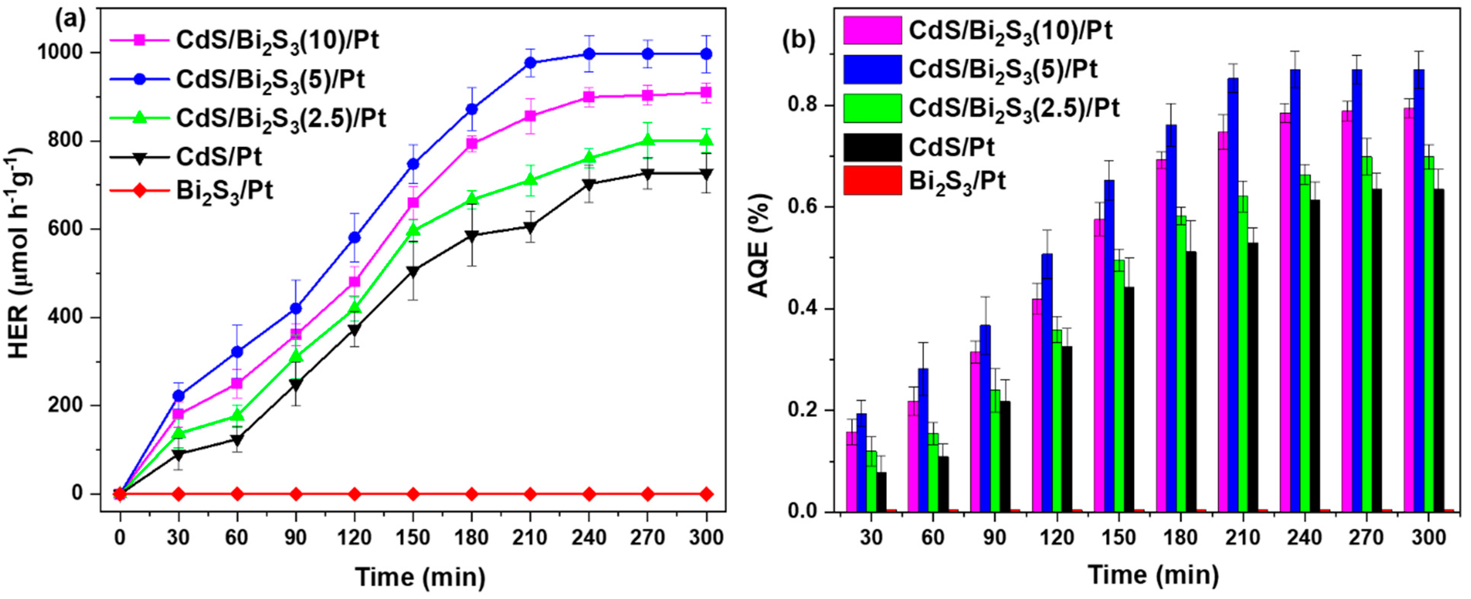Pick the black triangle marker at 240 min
(x=589, y=185)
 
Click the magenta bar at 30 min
(x=851, y=472)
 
